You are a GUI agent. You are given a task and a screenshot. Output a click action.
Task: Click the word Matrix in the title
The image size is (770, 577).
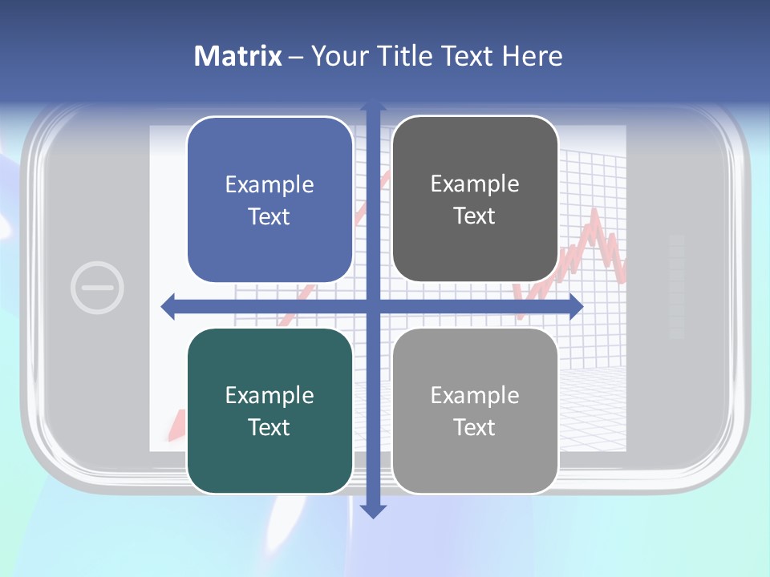point(237,56)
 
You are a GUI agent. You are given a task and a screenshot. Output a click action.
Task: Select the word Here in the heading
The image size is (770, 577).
point(533,56)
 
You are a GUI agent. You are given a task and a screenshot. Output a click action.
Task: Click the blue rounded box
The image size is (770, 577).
point(269,200)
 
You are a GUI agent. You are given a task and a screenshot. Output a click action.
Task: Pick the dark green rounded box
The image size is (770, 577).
point(269,410)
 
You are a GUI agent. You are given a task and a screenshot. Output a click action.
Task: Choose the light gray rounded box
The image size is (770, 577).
point(475,410)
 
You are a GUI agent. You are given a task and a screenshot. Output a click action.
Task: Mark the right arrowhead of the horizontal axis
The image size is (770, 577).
point(575,306)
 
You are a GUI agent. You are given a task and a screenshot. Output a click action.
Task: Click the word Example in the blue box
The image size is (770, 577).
point(269,184)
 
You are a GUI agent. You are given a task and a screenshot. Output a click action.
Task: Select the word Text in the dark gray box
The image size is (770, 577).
point(475,216)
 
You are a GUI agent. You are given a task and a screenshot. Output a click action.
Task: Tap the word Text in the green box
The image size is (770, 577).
point(269,427)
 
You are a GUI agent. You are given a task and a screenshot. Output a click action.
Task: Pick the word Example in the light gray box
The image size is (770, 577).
point(475,395)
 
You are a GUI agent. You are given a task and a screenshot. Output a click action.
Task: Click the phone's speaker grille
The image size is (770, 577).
point(676,286)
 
